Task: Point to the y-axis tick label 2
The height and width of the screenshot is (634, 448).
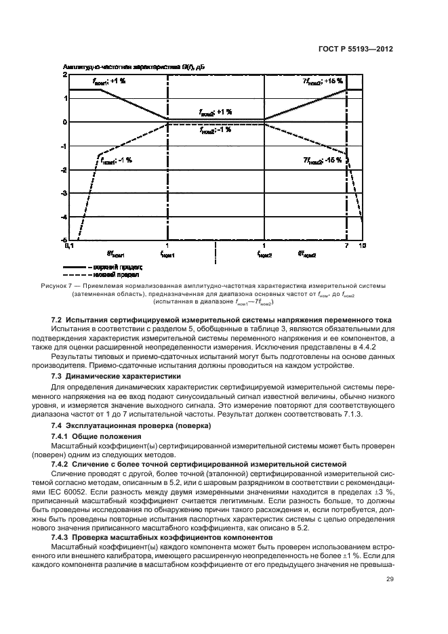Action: tap(65, 75)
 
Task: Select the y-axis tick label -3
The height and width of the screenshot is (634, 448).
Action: tap(64, 194)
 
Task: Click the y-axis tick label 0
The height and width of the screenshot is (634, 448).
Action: tap(65, 122)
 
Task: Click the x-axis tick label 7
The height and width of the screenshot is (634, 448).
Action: tap(346, 245)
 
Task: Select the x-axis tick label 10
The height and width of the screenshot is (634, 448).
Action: tap(362, 245)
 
